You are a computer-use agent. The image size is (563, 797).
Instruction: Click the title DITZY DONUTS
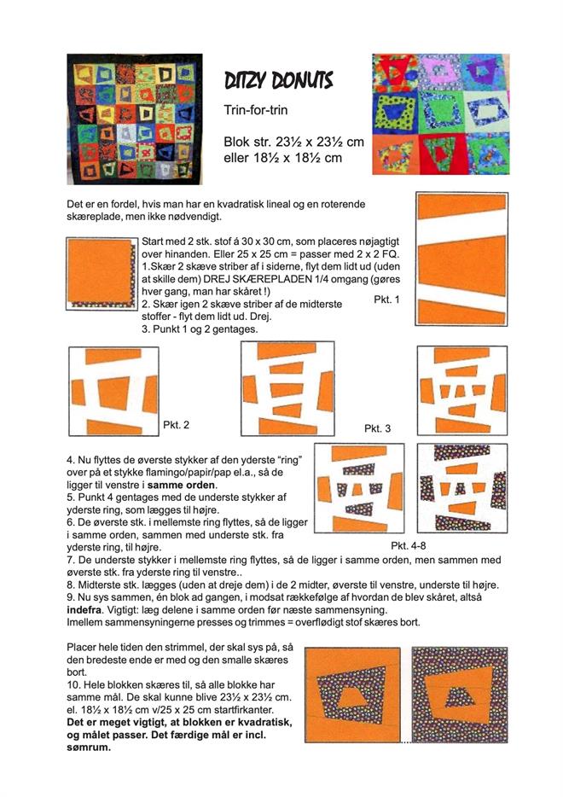click(278, 81)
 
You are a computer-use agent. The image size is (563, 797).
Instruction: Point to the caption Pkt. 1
click(386, 300)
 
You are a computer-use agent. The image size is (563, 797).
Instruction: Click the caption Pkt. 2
click(176, 424)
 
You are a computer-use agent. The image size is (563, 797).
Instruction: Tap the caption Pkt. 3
click(377, 428)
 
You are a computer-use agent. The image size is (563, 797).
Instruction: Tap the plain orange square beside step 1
click(100, 271)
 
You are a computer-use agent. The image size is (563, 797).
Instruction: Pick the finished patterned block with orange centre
click(460, 695)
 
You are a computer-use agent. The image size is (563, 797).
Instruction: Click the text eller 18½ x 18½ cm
click(282, 158)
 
